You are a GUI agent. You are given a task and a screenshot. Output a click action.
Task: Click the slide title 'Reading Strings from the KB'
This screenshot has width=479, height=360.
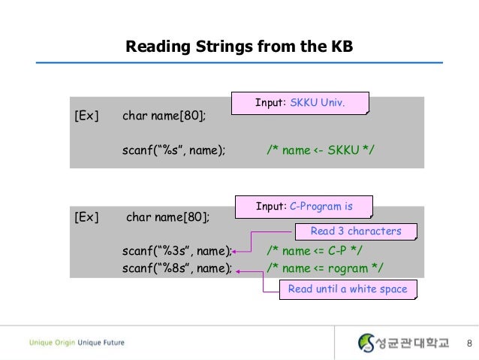click(239, 47)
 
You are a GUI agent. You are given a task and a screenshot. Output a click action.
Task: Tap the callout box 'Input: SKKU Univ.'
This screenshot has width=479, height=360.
click(299, 103)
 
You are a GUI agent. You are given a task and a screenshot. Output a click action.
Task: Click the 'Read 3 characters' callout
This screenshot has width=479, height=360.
click(356, 231)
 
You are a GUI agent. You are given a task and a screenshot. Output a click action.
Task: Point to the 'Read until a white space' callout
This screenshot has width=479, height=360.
click(347, 289)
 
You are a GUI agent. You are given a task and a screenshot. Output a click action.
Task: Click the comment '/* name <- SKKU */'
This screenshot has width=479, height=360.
click(320, 150)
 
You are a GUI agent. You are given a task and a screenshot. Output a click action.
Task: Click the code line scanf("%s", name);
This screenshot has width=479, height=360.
click(173, 150)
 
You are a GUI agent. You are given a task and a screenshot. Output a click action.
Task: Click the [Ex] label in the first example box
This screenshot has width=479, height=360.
click(86, 116)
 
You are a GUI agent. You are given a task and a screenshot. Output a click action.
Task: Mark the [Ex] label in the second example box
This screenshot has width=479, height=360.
click(86, 217)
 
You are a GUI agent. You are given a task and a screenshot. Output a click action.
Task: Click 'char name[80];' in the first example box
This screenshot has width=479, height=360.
click(164, 116)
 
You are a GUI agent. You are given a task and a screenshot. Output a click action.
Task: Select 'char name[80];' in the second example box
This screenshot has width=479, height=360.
click(168, 217)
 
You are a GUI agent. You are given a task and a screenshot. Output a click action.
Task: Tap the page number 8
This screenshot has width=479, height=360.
click(469, 343)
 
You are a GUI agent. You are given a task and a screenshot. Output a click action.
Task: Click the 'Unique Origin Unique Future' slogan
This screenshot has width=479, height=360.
click(77, 343)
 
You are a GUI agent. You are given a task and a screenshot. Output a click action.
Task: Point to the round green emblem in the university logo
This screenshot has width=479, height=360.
click(366, 343)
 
